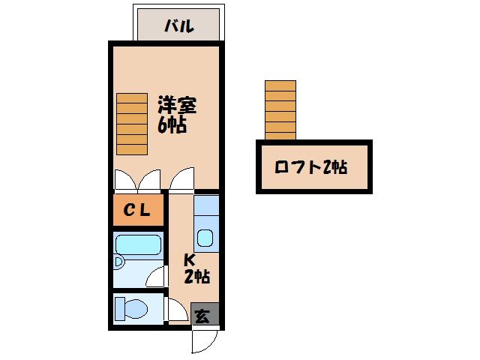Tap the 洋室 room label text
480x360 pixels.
pyautogui.click(x=177, y=103)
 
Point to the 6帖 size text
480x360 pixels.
pyautogui.click(x=172, y=124)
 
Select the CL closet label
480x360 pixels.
pyautogui.click(x=137, y=211)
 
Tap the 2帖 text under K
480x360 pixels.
pyautogui.click(x=196, y=277)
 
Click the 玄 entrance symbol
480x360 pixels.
pyautogui.click(x=203, y=315)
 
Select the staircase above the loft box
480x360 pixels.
pyautogui.click(x=280, y=109)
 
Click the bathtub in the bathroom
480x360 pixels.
pyautogui.click(x=139, y=245)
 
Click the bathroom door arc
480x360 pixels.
pyautogui.click(x=156, y=276)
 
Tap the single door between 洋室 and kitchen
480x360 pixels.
pyautogui.click(x=181, y=180)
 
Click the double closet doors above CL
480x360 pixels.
pyautogui.click(x=137, y=180)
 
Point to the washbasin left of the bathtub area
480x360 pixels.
pyautogui.click(x=118, y=262)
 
